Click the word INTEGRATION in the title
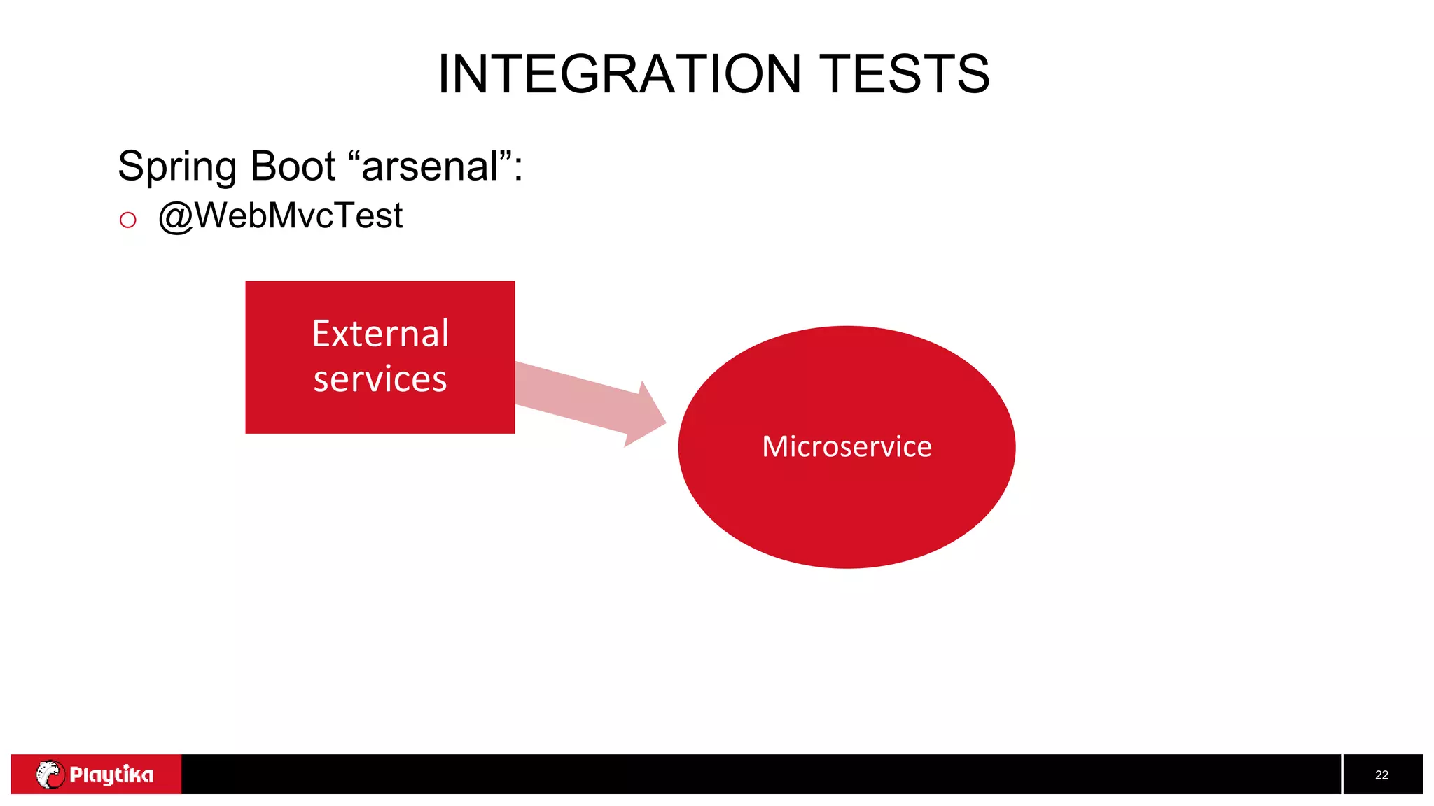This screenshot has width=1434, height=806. tap(619, 74)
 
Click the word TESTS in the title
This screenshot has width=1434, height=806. tap(904, 74)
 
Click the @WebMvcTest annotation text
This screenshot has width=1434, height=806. tap(280, 215)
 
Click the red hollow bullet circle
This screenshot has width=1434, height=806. tap(127, 220)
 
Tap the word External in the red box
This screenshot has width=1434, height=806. tap(380, 334)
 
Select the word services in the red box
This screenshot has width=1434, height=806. tap(380, 379)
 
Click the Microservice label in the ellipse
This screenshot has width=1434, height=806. tap(847, 446)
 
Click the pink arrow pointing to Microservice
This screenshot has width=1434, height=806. tap(581, 400)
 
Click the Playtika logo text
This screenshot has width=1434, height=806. tap(111, 775)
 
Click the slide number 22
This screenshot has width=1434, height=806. tap(1381, 775)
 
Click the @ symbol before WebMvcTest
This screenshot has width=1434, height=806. tap(175, 216)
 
